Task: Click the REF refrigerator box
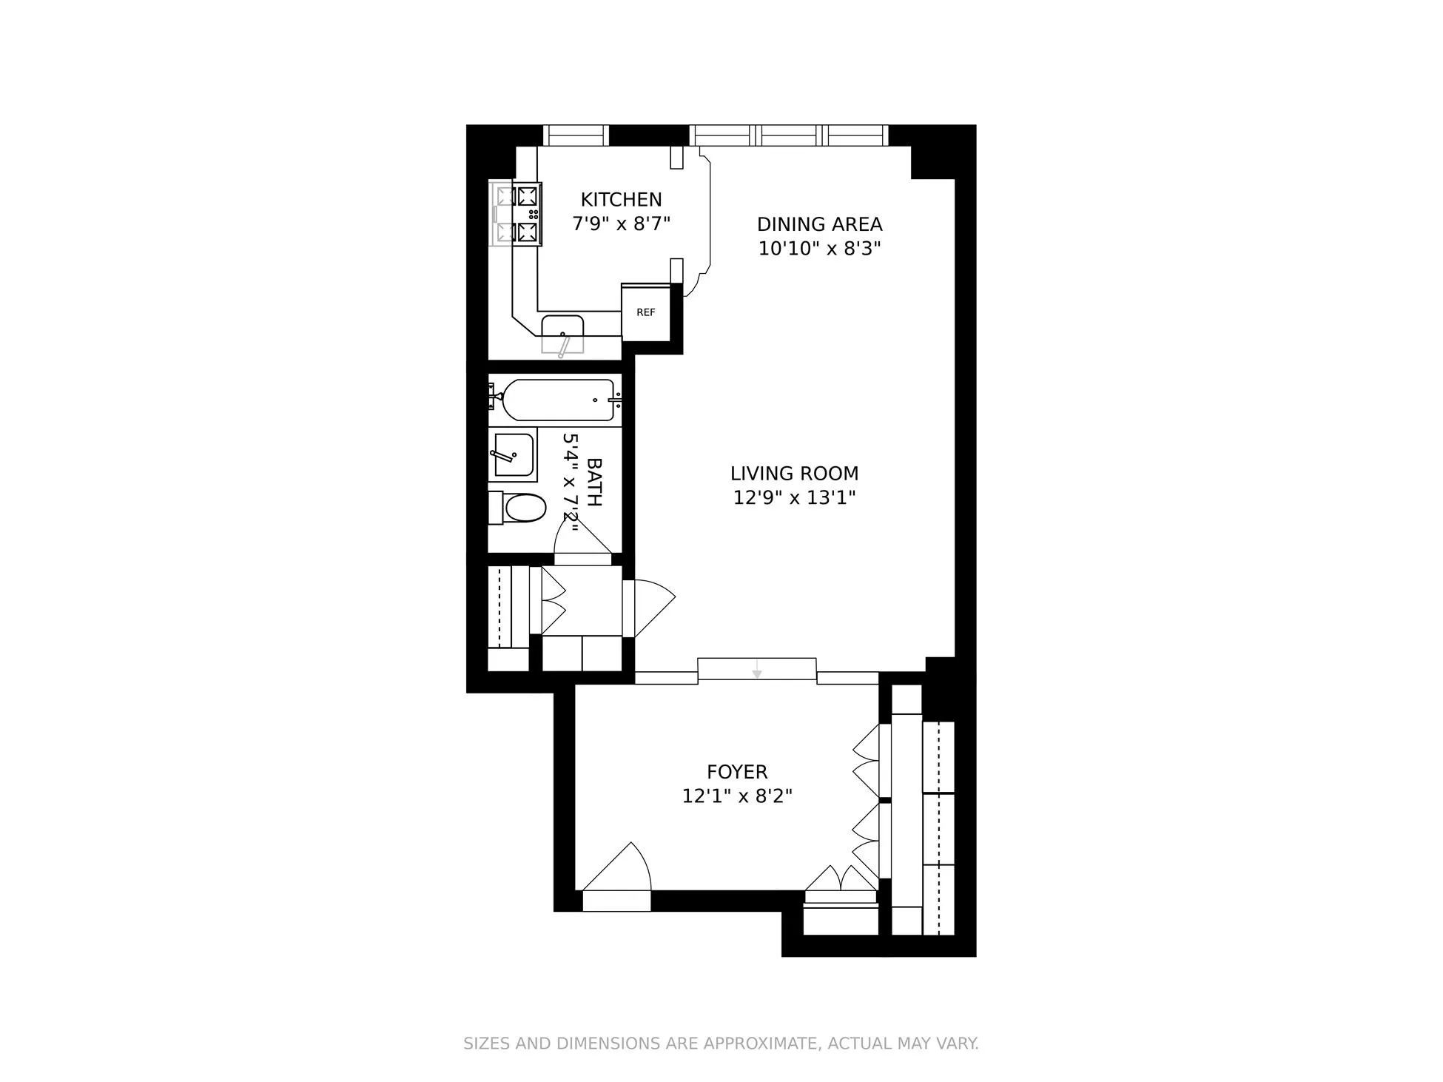646,312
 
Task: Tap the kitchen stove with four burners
517,215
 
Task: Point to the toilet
520,508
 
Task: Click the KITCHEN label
621,199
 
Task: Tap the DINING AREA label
819,224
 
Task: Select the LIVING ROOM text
794,473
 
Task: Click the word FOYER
736,772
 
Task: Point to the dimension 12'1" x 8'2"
736,796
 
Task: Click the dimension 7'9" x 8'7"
621,224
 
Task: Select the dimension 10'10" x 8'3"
819,248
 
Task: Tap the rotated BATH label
593,482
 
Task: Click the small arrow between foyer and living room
756,673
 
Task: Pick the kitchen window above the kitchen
576,135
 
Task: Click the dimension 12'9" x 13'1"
794,497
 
